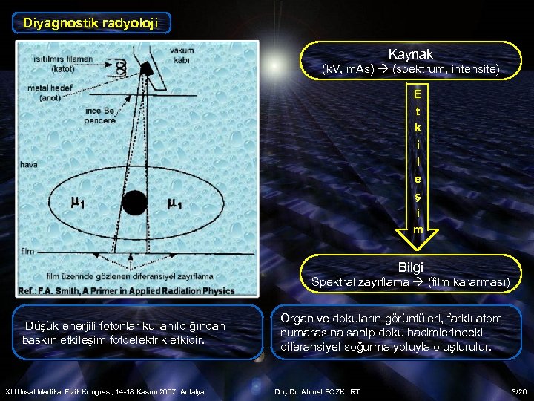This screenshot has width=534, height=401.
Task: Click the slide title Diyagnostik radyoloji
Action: (90, 22)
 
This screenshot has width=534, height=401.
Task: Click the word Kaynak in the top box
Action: (410, 54)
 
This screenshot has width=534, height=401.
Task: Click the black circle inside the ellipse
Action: (134, 201)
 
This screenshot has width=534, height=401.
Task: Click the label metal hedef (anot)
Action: (45, 92)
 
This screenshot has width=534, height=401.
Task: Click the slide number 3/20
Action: (518, 391)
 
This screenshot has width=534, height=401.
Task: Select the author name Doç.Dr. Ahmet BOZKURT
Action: (317, 391)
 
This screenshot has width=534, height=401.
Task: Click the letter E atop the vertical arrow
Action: (418, 94)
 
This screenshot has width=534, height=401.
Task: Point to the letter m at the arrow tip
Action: (418, 229)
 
